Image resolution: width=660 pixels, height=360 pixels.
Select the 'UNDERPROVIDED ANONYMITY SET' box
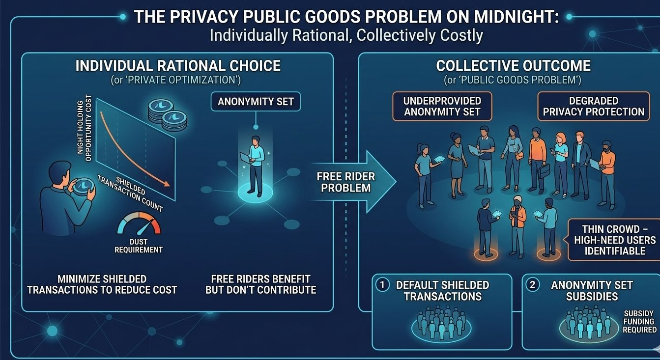(442, 106)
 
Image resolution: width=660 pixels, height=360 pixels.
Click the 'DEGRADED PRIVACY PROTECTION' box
(593, 106)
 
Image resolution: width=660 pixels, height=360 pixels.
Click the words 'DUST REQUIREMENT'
(138, 246)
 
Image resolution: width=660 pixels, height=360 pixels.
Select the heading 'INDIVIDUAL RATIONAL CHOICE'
(178, 66)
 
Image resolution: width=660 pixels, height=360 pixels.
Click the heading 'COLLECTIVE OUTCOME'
(513, 66)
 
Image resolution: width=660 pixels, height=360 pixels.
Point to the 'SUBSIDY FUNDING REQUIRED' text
(639, 322)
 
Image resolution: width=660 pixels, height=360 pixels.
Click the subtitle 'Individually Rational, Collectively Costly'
(346, 35)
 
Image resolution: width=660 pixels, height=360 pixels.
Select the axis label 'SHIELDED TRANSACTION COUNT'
(130, 193)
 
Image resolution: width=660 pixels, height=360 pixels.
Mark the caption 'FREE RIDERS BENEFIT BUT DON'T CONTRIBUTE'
(260, 284)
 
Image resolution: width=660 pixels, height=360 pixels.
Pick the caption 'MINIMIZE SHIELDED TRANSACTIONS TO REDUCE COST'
(102, 284)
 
